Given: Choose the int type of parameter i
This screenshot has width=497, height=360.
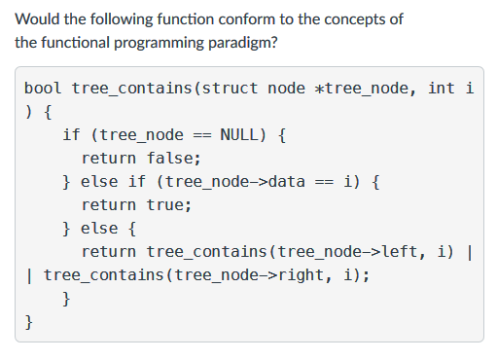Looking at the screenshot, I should [442, 89].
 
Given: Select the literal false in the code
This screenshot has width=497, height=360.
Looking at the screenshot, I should [173, 159].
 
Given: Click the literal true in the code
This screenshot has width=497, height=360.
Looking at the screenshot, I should [168, 205].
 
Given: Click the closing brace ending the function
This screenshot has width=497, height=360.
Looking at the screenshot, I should [29, 322].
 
